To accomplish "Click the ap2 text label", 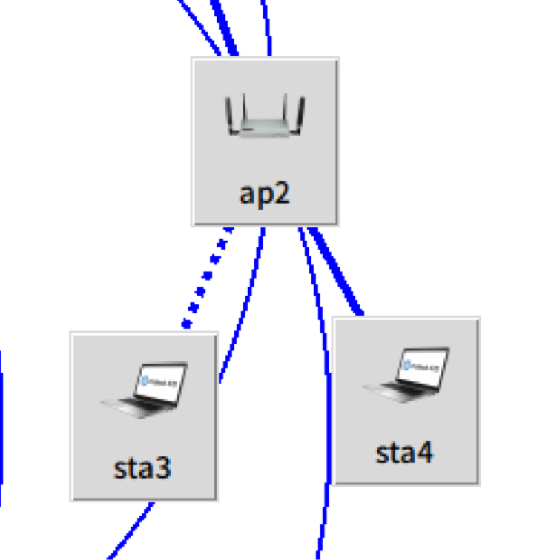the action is tap(264, 195).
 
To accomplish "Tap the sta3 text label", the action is tap(142, 468).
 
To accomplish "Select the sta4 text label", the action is tap(404, 453).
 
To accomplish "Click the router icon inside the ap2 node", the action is tap(265, 115).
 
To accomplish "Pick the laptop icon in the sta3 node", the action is tap(145, 390).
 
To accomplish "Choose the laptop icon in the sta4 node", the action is tap(406, 375).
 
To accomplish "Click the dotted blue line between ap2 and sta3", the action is tap(208, 277).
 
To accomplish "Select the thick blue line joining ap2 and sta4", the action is tap(335, 271).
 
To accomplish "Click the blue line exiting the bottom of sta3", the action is tap(131, 530).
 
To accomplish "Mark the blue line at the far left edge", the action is tap(1, 429).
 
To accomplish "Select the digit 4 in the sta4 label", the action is tap(424, 453).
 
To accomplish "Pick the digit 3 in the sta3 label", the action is tap(162, 468).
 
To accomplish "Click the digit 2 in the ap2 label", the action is tap(280, 193).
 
